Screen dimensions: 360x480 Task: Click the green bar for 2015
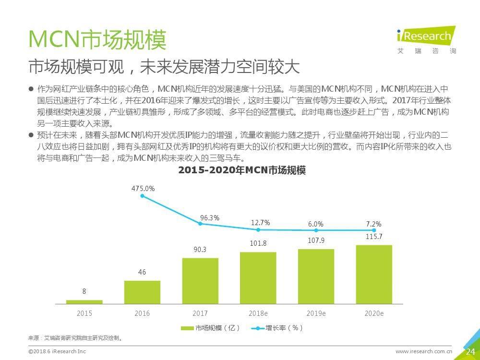(84, 302)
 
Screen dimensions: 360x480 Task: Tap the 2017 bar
(200, 281)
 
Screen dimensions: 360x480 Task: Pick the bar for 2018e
(258, 278)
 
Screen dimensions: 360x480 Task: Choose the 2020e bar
(374, 275)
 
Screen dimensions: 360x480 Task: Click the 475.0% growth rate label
(143, 189)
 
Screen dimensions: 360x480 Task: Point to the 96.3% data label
(210, 218)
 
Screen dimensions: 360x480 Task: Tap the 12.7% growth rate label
(260, 222)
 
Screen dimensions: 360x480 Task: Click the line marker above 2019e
(316, 231)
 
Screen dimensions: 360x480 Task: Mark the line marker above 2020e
(374, 230)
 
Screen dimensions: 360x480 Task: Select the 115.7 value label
(373, 237)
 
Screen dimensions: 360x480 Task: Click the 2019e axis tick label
(316, 313)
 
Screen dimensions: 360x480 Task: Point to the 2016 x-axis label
(142, 313)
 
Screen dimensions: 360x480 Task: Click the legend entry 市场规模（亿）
(210, 328)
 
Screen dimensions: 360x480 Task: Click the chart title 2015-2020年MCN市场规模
(242, 170)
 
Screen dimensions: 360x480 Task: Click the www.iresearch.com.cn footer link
(424, 352)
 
